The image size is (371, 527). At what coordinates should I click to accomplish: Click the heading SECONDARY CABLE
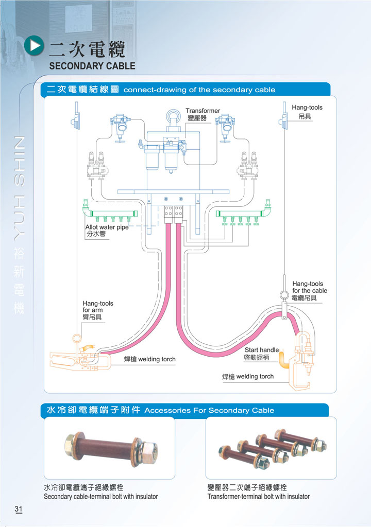(92, 66)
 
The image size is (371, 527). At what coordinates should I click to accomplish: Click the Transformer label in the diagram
(203, 111)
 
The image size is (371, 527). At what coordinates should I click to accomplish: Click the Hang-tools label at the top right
(307, 108)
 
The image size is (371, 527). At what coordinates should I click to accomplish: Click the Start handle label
(261, 350)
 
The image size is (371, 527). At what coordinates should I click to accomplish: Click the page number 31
(19, 510)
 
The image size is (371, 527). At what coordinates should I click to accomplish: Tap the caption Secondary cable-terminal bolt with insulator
(101, 497)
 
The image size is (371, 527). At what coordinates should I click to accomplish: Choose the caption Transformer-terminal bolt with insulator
(259, 497)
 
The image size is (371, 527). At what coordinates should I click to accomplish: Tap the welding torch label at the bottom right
(248, 377)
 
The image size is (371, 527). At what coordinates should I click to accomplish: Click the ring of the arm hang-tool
(76, 339)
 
